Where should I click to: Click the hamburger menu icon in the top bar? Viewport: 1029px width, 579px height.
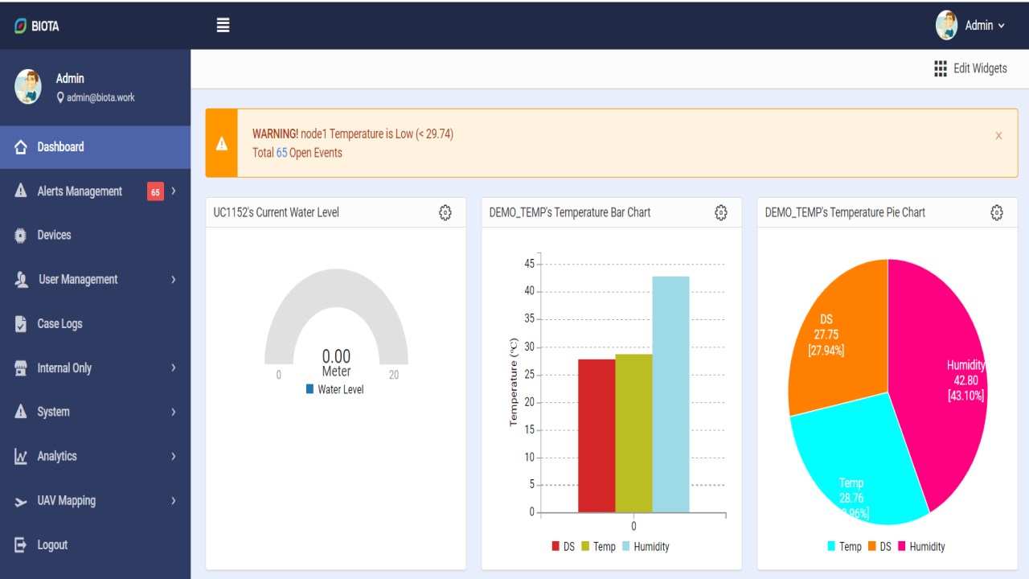223,25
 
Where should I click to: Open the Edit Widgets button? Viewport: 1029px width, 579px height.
970,68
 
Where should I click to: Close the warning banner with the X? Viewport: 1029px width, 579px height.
998,136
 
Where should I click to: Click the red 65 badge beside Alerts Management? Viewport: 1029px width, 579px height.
155,191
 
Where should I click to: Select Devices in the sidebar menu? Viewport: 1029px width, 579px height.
54,236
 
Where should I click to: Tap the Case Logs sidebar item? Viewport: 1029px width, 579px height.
59,323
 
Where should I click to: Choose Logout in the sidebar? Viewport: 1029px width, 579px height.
52,545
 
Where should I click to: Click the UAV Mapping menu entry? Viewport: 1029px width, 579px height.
67,501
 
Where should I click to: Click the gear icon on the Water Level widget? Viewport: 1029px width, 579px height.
445,213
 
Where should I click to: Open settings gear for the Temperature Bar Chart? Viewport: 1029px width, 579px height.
721,213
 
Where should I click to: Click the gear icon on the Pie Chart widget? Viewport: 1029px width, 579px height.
996,213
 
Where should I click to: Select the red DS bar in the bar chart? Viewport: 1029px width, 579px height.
596,436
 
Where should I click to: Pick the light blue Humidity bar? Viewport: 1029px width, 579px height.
670,394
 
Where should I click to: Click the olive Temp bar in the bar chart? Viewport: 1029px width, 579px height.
633,433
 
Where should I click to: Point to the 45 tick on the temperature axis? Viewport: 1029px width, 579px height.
530,264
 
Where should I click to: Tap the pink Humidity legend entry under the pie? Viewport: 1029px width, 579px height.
921,546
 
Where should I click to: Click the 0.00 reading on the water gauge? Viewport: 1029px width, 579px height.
336,356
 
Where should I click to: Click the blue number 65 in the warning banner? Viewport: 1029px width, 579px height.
281,153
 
